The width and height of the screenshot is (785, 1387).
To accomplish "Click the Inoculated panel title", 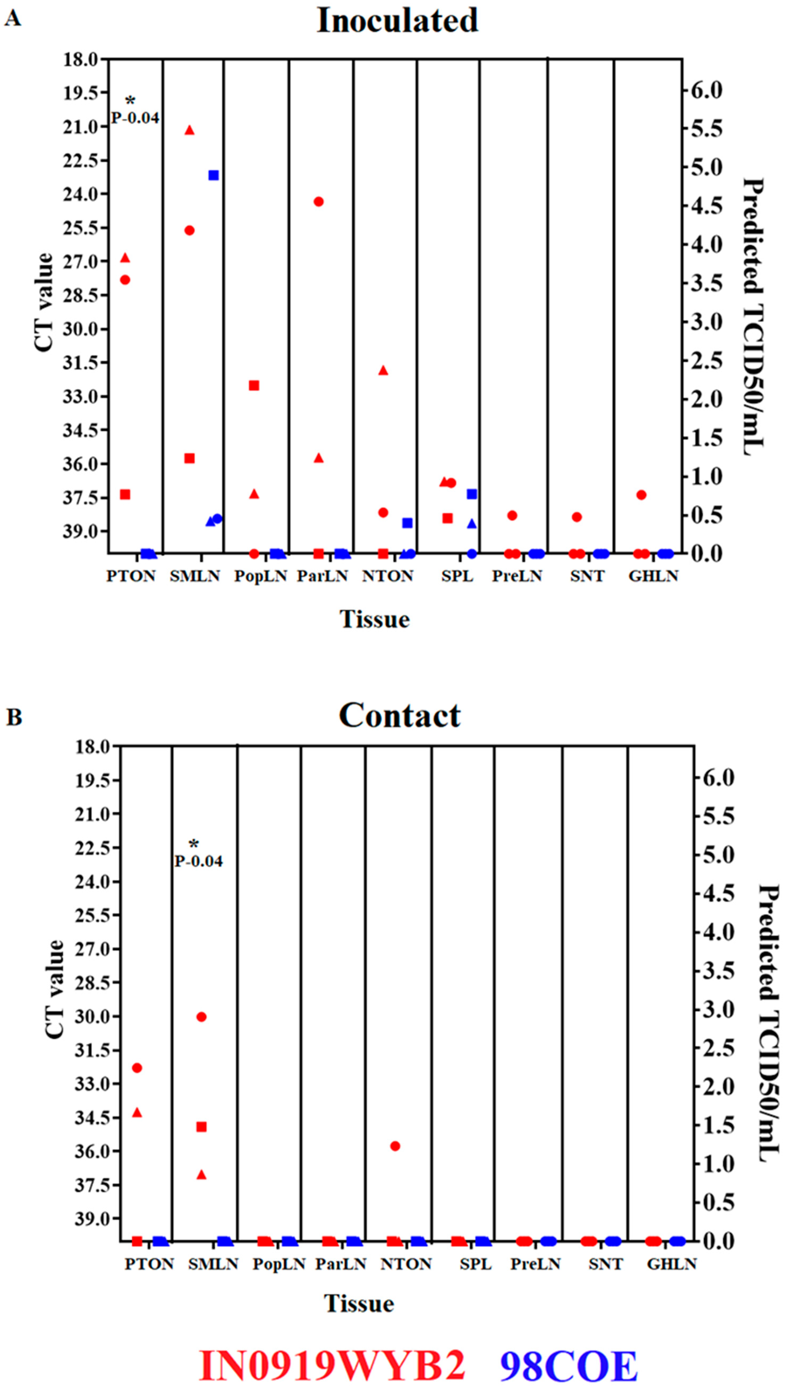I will click(397, 20).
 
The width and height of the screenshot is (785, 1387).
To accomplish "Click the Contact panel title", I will click(400, 715).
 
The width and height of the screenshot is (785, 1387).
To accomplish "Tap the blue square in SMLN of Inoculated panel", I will click(214, 175).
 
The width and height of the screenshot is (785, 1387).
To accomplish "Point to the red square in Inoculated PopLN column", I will click(254, 385).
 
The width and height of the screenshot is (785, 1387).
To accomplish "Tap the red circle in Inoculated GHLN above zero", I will click(641, 495).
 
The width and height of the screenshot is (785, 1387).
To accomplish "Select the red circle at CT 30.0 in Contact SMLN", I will click(202, 1017).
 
